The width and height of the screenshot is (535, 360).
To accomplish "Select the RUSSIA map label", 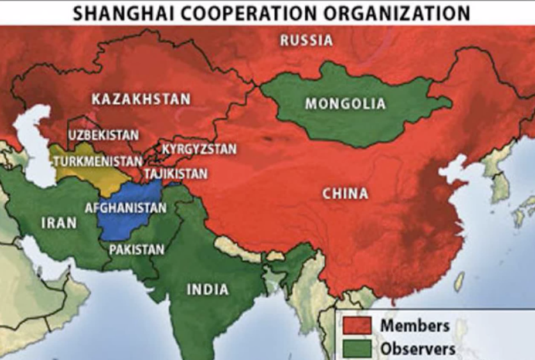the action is (x=307, y=40).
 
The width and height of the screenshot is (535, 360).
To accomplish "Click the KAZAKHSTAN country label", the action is (x=141, y=99).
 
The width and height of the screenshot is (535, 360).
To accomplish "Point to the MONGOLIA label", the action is (x=344, y=104).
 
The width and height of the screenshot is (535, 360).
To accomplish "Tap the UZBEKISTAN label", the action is (x=103, y=135).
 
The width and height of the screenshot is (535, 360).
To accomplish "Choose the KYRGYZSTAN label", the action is (x=199, y=149).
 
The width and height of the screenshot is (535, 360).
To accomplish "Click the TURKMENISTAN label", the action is (x=94, y=162).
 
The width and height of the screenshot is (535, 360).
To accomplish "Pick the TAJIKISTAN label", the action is (x=176, y=172).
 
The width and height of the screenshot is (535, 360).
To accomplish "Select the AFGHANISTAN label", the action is (x=125, y=208).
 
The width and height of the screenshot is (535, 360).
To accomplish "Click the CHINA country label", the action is (x=345, y=194).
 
